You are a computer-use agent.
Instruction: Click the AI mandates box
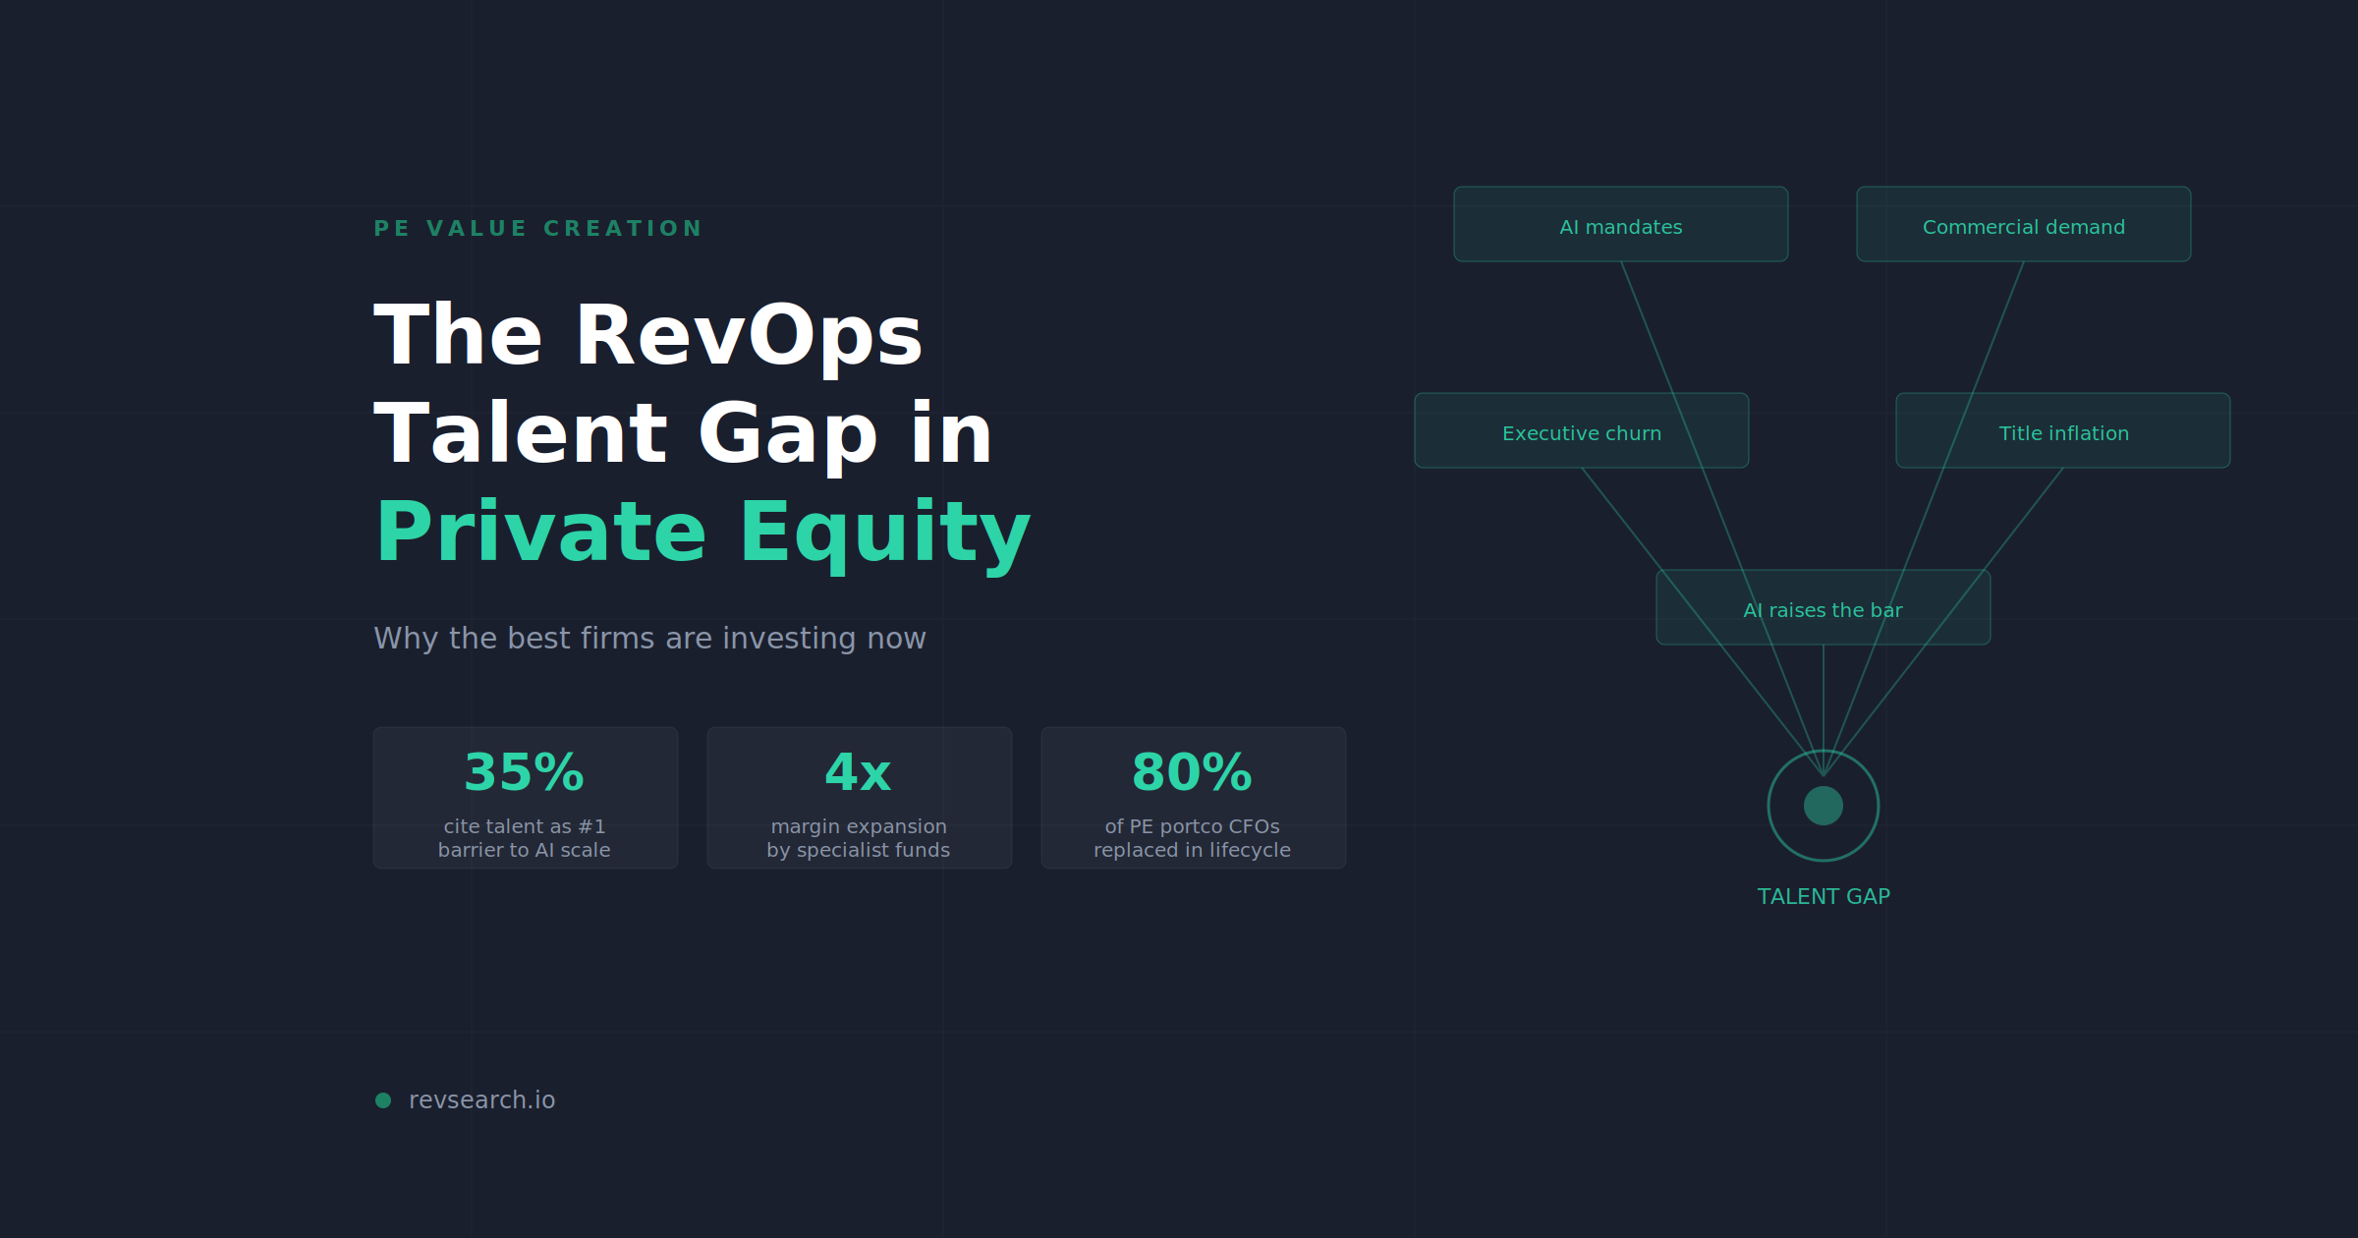(x=1620, y=225)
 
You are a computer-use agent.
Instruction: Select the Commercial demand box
(x=2023, y=225)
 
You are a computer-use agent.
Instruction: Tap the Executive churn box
(x=1581, y=431)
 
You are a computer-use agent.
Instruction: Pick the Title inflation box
(x=2062, y=431)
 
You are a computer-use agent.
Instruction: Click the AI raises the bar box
(x=1823, y=608)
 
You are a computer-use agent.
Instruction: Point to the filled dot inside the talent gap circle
(x=1823, y=806)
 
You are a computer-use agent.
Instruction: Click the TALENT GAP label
(x=1823, y=896)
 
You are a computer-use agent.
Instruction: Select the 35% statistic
(x=524, y=772)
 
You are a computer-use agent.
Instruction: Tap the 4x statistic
(x=858, y=772)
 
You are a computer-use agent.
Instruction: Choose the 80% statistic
(x=1192, y=772)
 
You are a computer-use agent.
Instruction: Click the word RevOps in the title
(x=748, y=336)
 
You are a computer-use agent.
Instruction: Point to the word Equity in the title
(x=884, y=533)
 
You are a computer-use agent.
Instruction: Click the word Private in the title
(x=540, y=533)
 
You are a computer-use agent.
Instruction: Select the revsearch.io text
(x=481, y=1100)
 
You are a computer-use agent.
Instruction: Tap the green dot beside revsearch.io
(x=383, y=1100)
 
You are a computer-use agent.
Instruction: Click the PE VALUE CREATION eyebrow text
(x=537, y=229)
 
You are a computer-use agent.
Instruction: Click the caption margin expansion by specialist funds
(x=858, y=838)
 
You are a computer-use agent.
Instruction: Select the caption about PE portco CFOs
(x=1192, y=838)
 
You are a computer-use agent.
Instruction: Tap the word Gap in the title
(x=787, y=434)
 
